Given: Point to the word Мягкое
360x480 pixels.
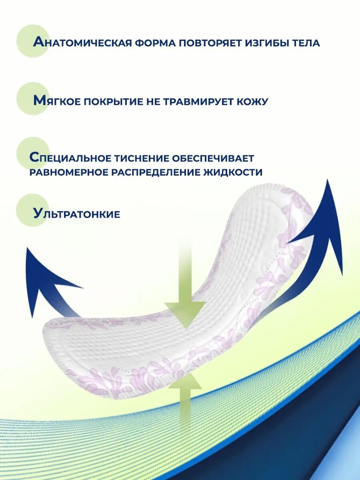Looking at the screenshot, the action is tap(57, 101).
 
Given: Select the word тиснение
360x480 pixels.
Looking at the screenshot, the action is tap(139, 158).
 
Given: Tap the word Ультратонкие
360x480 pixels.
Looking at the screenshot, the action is tap(77, 214).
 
